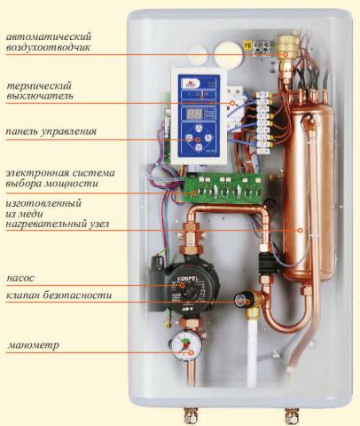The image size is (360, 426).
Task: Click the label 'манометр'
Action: pyautogui.click(x=33, y=345)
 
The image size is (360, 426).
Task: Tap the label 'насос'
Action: pyautogui.click(x=20, y=279)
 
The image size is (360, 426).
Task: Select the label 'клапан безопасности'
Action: pyautogui.click(x=59, y=296)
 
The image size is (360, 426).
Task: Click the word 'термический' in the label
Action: pyautogui.click(x=39, y=86)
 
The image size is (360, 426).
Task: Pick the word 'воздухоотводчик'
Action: pyautogui.click(x=48, y=47)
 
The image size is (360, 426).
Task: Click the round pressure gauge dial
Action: pyautogui.click(x=184, y=345)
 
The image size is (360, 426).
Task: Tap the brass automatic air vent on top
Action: pyautogui.click(x=285, y=48)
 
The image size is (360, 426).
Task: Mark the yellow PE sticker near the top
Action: pyautogui.click(x=247, y=45)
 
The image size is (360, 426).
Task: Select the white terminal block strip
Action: pyautogui.click(x=264, y=122)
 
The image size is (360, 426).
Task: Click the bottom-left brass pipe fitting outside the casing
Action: pyautogui.click(x=188, y=416)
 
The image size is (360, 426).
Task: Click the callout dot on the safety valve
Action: pyautogui.click(x=247, y=302)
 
